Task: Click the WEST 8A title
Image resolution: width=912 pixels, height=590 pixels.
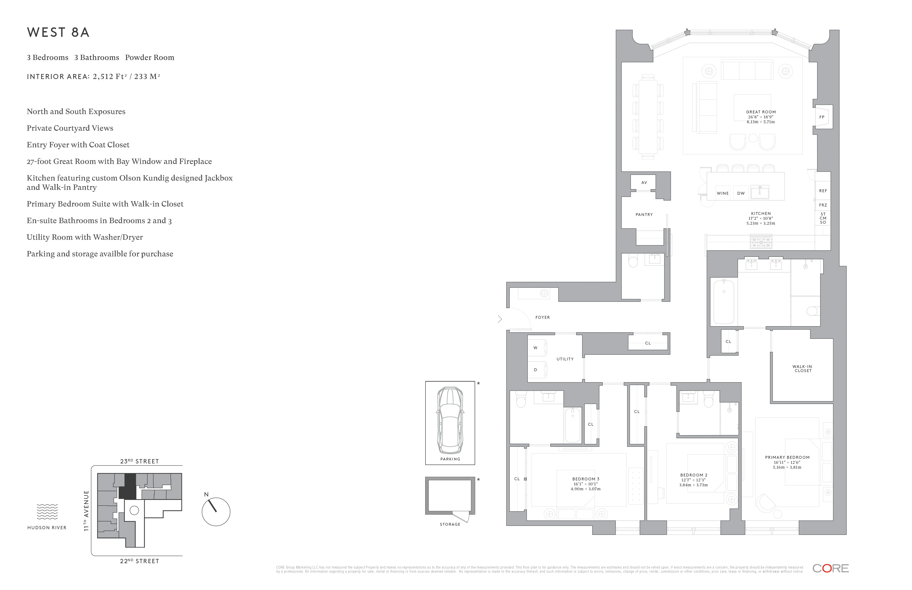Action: click(58, 33)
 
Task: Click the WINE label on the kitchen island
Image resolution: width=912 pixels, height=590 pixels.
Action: click(723, 193)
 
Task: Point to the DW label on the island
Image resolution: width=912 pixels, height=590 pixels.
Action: click(741, 193)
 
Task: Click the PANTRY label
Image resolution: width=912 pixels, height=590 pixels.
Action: click(644, 215)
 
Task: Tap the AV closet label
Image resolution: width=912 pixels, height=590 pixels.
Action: click(644, 183)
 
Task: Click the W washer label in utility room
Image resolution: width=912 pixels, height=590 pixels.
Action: click(535, 348)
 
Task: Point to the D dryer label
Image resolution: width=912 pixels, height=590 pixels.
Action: click(535, 370)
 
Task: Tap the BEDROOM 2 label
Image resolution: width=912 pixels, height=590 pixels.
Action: click(694, 475)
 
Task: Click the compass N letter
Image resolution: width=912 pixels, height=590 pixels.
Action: click(206, 495)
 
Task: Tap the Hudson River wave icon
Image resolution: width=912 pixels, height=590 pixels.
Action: click(47, 512)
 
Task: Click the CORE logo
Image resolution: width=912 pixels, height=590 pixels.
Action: click(830, 569)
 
